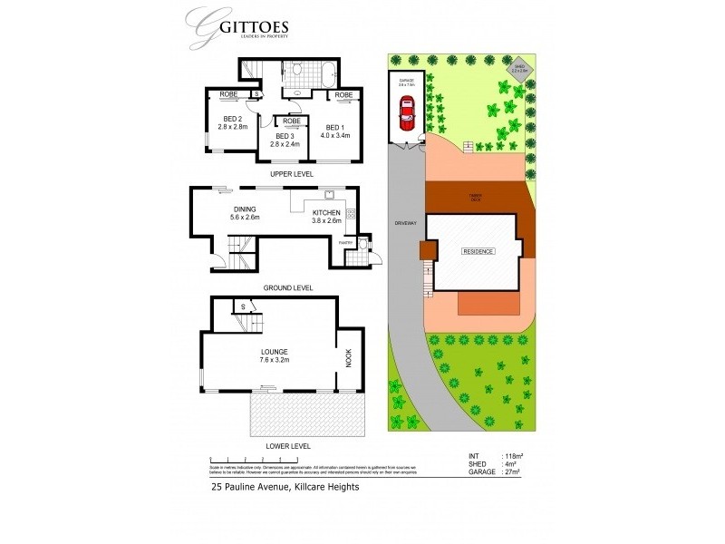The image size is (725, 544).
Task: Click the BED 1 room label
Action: (333, 128)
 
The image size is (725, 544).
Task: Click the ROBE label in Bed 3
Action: (292, 121)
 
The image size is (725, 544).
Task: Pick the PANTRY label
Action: (345, 243)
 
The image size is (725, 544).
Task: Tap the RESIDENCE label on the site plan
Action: (478, 251)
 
